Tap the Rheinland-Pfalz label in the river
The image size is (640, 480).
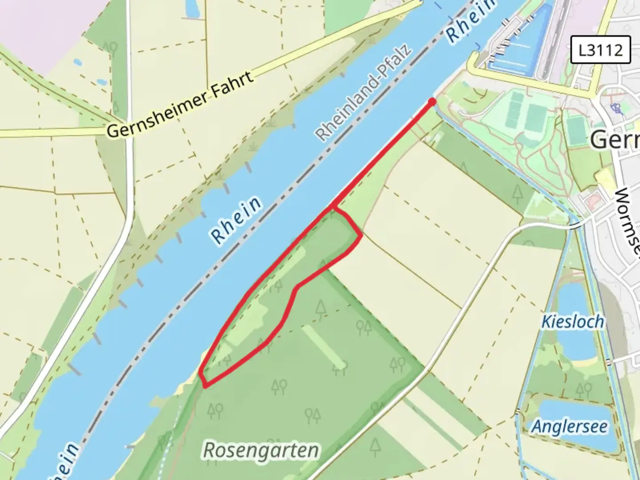point(364,93)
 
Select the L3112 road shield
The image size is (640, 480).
point(600,49)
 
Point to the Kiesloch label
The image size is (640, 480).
point(572,322)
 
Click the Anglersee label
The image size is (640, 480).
point(570,427)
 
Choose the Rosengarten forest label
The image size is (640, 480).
point(261,450)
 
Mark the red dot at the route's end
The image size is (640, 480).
point(432,102)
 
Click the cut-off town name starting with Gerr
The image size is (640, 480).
point(616,140)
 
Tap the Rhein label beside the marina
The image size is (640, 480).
point(471,22)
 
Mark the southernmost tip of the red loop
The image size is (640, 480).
point(204,386)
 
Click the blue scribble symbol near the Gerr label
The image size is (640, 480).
point(616,107)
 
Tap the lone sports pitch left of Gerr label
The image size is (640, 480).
point(576,129)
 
